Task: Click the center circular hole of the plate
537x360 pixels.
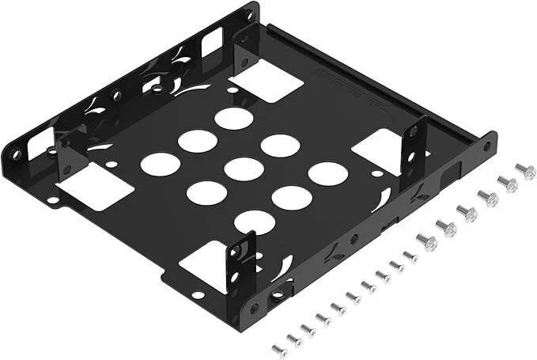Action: pyautogui.click(x=244, y=169)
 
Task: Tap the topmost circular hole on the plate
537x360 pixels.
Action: pyautogui.click(x=233, y=119)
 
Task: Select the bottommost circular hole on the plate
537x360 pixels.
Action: pyautogui.click(x=254, y=222)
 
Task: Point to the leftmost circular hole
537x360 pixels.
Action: pyautogui.click(x=161, y=164)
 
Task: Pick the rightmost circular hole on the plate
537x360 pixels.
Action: pyautogui.click(x=327, y=174)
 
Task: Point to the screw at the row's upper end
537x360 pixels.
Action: pyautogui.click(x=525, y=171)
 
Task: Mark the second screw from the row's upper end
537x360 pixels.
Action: pyautogui.click(x=507, y=184)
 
